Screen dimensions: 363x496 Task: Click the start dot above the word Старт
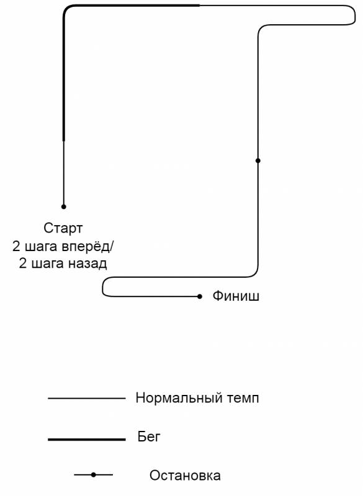click(64, 206)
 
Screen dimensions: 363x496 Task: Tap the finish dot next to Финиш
click(199, 296)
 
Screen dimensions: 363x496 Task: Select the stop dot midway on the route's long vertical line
click(258, 161)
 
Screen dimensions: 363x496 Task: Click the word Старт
click(63, 228)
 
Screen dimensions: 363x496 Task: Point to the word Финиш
click(236, 296)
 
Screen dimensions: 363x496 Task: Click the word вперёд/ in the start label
click(87, 246)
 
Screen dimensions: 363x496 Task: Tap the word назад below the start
click(87, 263)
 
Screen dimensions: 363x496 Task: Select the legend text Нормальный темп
click(197, 398)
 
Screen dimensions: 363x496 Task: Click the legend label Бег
click(149, 436)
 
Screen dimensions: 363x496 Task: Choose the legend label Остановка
click(185, 476)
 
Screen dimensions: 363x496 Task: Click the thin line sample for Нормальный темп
click(87, 398)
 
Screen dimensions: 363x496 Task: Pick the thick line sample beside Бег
click(87, 439)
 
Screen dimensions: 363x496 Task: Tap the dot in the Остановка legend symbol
click(93, 475)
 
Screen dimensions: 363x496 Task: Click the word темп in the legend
click(243, 398)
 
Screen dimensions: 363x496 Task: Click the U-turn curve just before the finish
click(102, 287)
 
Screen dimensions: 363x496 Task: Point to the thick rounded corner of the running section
click(66, 8)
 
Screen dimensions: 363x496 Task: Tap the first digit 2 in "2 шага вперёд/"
click(16, 246)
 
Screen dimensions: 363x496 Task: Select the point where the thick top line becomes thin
click(200, 6)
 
